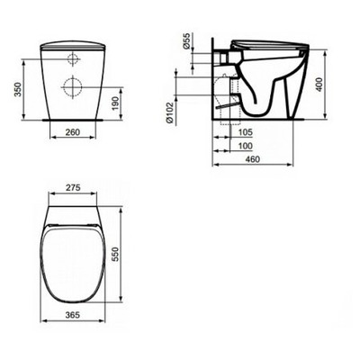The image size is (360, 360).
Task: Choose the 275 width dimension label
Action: (74, 190)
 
